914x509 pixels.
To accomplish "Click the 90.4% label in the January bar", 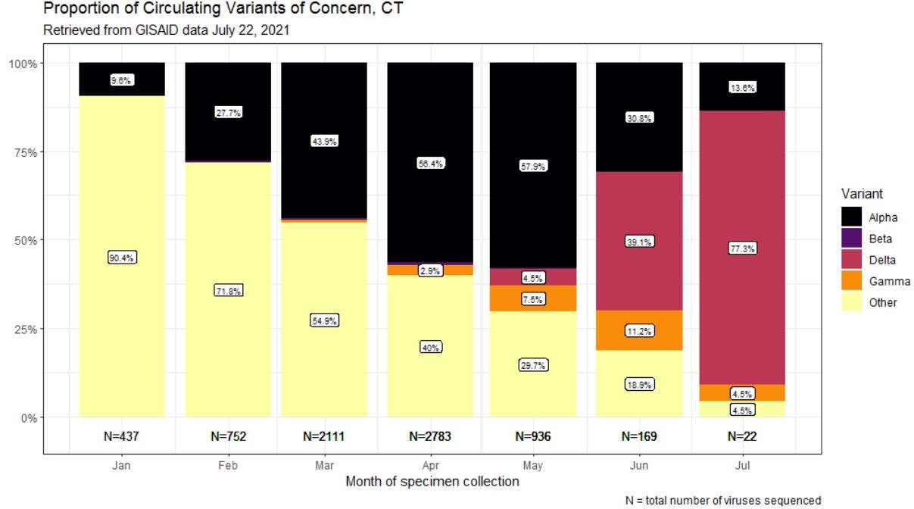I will point(121,258).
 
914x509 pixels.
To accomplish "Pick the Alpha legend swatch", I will point(853,217).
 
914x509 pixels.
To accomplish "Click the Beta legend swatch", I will point(853,239).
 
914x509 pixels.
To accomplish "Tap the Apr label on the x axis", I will point(430,466).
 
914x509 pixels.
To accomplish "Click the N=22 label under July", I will point(742,436).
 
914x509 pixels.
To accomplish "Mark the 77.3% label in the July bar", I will point(742,248).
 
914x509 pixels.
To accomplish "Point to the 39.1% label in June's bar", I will point(639,242).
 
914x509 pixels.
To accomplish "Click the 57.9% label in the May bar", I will point(533,166).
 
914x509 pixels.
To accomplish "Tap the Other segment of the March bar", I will point(324,364).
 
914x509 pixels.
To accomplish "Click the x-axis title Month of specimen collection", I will point(431,482).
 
